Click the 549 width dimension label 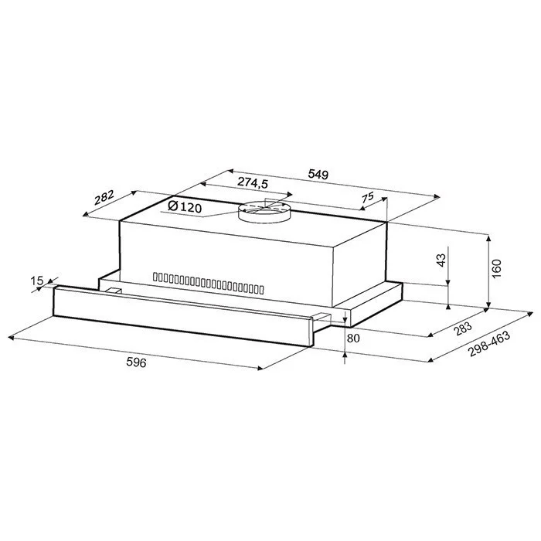click(318, 175)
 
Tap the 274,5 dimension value click(253, 182)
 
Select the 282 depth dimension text click(104, 197)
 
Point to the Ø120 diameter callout click(185, 207)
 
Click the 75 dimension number click(368, 197)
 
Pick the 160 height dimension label click(496, 269)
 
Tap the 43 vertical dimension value click(441, 260)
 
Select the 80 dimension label click(353, 339)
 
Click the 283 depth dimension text click(463, 328)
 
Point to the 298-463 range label click(489, 345)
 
